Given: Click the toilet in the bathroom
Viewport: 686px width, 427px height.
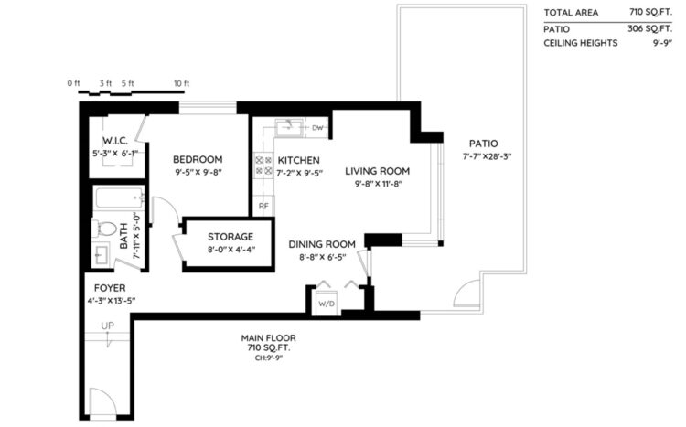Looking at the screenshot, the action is tap(104, 229).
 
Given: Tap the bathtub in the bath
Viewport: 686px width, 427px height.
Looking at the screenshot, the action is tap(120, 198).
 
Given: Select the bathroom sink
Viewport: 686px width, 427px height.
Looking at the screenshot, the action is tap(102, 255).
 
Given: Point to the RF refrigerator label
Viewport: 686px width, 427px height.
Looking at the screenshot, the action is tap(263, 206).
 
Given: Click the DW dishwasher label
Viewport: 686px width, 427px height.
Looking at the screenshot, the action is tap(317, 128).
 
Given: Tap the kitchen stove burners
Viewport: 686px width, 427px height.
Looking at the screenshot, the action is tap(263, 165).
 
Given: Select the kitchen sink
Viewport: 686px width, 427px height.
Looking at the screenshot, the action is tap(289, 128).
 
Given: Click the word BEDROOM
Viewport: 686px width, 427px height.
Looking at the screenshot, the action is tap(198, 159).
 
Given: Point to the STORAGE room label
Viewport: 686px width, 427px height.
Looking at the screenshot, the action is tap(230, 237).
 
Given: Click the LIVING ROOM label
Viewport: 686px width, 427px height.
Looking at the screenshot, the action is tap(377, 171).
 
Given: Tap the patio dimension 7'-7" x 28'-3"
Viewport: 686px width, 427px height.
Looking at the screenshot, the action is tap(487, 156).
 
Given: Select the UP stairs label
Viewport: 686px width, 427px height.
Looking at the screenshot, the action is tap(107, 326).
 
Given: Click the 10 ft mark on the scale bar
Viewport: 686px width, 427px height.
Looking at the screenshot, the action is tap(182, 83).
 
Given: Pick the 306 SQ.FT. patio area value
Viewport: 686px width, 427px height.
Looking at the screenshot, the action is tap(649, 29).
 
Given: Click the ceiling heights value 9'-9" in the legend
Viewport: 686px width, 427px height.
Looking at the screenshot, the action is tap(662, 43).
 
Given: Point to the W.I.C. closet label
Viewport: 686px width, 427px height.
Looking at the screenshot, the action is tap(115, 141).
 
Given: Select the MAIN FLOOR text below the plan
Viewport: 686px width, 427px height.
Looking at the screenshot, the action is tap(268, 337).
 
